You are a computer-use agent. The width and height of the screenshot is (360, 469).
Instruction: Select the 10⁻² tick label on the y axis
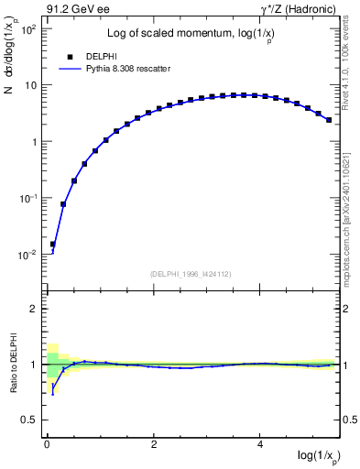(x=28, y=255)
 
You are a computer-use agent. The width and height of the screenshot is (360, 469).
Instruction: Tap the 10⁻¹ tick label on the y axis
(x=28, y=199)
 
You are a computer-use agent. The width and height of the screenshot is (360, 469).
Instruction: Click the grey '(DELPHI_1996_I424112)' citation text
(x=191, y=273)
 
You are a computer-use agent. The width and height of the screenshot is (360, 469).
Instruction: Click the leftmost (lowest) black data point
(x=52, y=245)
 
